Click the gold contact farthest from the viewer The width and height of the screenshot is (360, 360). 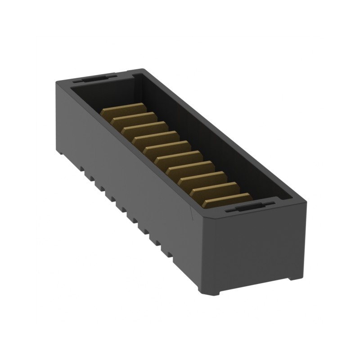pos(122,111)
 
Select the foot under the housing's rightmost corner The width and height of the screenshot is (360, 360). pos(295,276)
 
